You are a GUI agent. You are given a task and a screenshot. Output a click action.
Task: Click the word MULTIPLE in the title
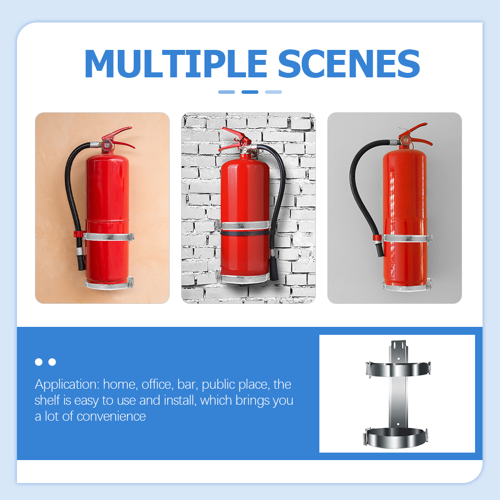coord(176,64)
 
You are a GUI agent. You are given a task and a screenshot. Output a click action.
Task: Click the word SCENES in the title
coord(349,64)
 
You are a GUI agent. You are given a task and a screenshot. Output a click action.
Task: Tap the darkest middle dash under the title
coord(250,92)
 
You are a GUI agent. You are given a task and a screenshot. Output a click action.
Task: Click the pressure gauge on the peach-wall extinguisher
coord(106,145)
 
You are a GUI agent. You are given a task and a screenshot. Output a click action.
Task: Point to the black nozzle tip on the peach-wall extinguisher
coord(81,262)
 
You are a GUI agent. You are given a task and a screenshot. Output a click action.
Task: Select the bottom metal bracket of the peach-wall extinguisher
coord(109,284)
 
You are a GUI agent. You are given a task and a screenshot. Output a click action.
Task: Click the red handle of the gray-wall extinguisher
coord(415,134)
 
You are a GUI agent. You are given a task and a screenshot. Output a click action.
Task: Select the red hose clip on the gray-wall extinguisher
coord(377,238)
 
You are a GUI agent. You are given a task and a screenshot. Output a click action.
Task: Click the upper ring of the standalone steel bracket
coord(398,369)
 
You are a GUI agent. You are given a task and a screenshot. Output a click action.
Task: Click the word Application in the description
coord(67,385)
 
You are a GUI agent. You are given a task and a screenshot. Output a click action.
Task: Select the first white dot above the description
coord(38,362)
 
